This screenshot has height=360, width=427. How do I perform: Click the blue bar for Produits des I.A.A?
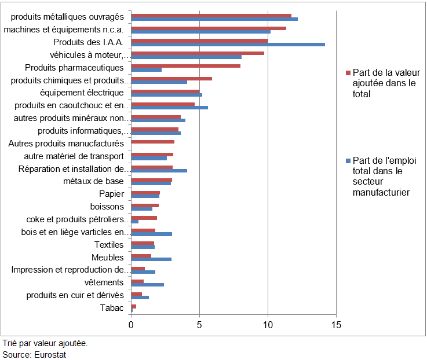[228, 44]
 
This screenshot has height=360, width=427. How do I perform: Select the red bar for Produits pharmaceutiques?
[186, 66]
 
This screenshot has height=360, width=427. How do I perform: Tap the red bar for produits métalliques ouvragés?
[211, 15]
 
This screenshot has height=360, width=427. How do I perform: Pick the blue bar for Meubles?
[151, 259]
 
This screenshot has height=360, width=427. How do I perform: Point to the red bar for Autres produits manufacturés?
[153, 142]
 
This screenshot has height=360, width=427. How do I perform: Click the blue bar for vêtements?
[148, 284]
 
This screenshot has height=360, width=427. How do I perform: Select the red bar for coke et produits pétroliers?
[144, 218]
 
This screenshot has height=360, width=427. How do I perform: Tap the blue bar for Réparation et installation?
[159, 171]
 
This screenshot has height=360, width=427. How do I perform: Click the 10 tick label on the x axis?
[268, 325]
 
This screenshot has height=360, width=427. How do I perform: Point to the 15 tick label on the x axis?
[336, 325]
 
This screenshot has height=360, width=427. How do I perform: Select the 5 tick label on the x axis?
[199, 325]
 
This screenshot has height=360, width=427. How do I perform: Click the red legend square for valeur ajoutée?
[349, 73]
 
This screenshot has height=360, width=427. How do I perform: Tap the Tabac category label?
[112, 308]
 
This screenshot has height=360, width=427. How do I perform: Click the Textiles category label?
[109, 245]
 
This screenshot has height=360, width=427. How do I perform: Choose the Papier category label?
[111, 194]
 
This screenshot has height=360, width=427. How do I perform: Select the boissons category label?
[107, 207]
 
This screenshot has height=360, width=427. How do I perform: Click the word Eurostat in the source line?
[49, 354]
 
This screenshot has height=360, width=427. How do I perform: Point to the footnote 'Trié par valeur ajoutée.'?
[45, 343]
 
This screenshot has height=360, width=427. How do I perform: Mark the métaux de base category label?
[93, 181]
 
